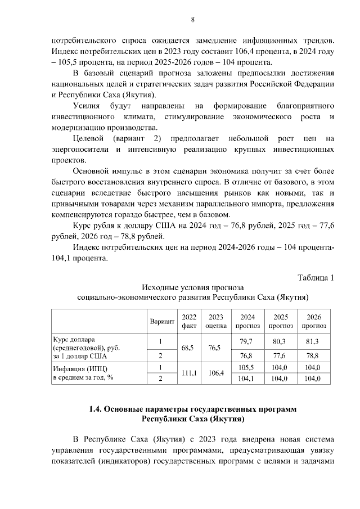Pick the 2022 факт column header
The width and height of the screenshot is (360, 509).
(x=188, y=321)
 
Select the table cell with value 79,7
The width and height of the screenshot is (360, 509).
(x=246, y=341)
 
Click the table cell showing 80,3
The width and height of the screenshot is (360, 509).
(x=280, y=341)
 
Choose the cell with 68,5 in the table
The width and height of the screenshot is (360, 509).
(x=188, y=348)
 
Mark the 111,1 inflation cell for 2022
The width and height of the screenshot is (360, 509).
(x=188, y=373)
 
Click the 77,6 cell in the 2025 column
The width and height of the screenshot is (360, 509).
(x=280, y=355)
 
